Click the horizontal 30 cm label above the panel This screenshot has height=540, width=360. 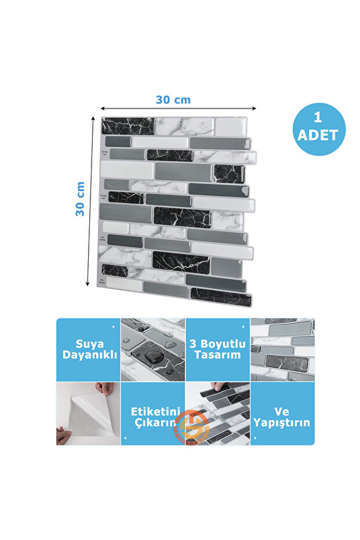[173, 99]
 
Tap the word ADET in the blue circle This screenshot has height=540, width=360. [317, 136]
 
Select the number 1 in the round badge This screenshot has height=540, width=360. [317, 118]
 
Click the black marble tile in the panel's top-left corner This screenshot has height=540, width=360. [128, 126]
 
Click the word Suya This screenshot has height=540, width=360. [88, 343]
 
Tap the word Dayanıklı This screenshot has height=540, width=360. [88, 354]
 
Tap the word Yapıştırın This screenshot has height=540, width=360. [282, 423]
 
